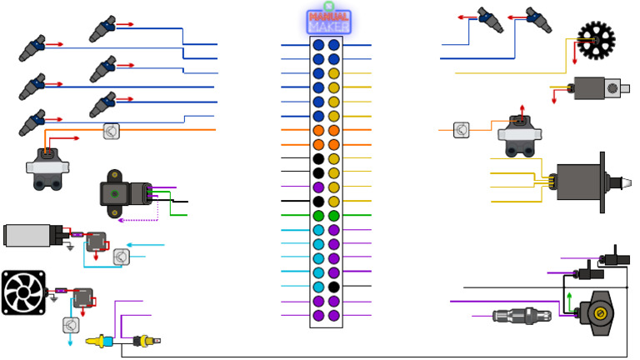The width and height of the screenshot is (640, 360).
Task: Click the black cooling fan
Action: point(22,292)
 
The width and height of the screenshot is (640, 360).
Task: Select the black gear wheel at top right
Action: point(596,39)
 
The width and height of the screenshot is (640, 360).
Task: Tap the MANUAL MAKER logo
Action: point(328,21)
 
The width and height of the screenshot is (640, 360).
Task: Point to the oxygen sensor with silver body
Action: point(520,315)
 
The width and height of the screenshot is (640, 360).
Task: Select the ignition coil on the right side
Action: point(521,136)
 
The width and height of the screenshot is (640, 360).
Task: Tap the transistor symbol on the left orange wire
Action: point(112,131)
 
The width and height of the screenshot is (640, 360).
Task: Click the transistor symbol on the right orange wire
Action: point(462,130)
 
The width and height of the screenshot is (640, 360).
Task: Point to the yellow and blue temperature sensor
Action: point(104,341)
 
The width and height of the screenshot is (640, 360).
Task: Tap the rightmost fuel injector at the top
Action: point(537,18)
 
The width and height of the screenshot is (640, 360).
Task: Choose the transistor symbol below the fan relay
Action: point(71,325)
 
